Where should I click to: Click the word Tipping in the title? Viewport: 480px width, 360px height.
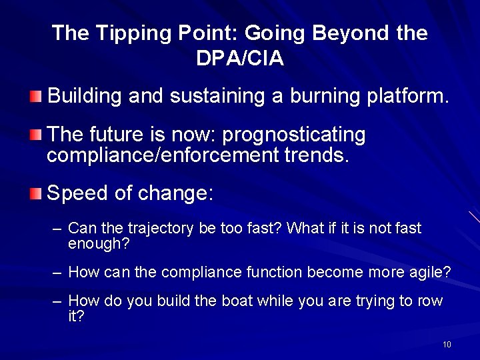click(x=133, y=33)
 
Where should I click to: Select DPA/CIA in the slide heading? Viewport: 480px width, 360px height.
click(x=240, y=58)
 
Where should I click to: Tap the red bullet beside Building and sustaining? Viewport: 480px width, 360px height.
click(x=35, y=97)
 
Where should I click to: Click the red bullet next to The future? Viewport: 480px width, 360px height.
click(x=35, y=135)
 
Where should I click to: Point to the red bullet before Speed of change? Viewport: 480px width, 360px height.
click(x=35, y=193)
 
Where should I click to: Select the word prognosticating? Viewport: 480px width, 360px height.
click(x=293, y=135)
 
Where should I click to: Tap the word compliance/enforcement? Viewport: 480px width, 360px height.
click(x=163, y=155)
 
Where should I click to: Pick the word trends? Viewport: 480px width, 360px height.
click(x=317, y=155)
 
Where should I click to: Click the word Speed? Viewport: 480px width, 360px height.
click(x=77, y=193)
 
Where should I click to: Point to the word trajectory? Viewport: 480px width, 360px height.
click(x=161, y=229)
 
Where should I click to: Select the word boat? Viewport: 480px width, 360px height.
click(x=237, y=301)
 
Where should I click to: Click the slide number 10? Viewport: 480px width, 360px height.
click(x=447, y=345)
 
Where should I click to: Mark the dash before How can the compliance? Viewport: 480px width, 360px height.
click(x=57, y=273)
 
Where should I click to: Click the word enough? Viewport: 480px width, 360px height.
click(x=99, y=244)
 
